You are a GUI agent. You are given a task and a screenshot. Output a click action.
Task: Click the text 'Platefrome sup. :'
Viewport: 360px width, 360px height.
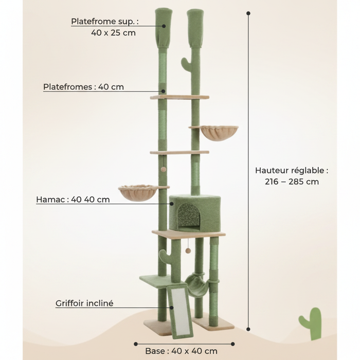105,22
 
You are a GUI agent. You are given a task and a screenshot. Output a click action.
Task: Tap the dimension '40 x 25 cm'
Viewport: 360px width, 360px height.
113,33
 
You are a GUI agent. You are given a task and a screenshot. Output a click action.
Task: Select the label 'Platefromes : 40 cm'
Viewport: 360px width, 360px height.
83,87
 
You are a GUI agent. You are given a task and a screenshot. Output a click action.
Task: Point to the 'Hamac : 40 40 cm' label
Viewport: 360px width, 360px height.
73,200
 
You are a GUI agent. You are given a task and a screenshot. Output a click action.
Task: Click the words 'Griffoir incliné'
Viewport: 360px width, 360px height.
84,303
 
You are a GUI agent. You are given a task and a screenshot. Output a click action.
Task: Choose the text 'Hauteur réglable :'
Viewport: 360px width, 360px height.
292,171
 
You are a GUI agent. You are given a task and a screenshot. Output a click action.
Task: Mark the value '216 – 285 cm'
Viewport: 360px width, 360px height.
292,182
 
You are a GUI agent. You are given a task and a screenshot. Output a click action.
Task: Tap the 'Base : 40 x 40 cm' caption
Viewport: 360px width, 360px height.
181,351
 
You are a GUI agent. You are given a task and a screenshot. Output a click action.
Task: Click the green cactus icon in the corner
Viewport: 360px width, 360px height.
310,323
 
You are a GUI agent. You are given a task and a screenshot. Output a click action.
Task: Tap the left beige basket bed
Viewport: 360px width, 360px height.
137,193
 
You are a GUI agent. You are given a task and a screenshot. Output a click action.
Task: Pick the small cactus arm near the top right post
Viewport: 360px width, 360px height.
187,64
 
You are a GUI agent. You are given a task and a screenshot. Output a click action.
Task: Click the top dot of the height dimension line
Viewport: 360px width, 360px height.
248,13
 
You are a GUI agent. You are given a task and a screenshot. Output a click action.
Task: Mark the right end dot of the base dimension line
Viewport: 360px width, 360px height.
233,344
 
